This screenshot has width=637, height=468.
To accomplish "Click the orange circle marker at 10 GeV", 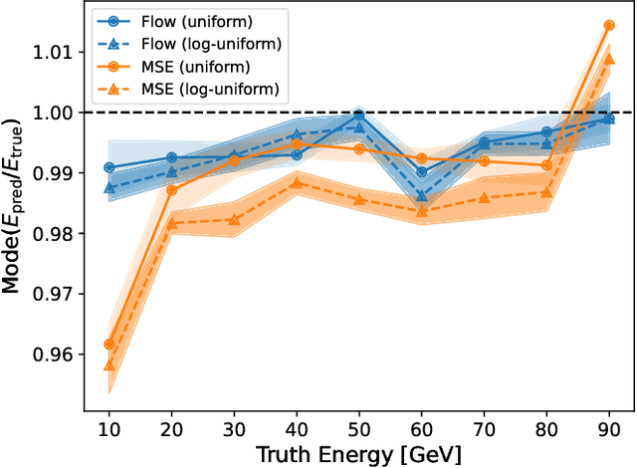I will click(109, 345).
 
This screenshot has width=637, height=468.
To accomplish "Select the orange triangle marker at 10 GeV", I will click(109, 364).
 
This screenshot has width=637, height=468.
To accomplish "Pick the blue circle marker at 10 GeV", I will click(109, 167).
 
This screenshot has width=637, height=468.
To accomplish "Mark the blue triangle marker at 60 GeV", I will click(422, 195).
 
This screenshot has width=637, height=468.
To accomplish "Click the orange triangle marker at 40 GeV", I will click(297, 182).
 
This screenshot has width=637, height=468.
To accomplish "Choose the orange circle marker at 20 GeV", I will click(172, 189).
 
